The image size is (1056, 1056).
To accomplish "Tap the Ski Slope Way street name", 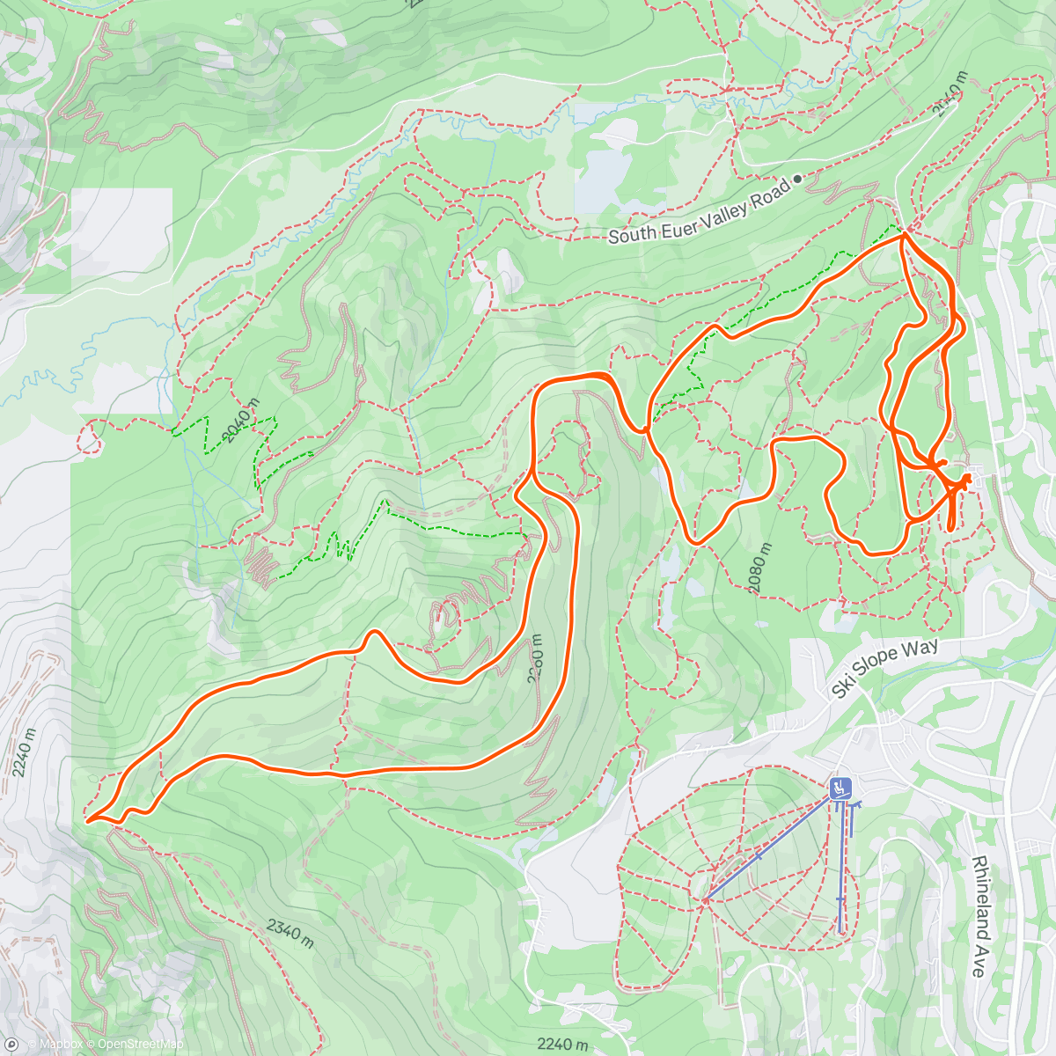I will coord(884,670).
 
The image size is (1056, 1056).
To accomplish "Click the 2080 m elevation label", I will coord(758,568).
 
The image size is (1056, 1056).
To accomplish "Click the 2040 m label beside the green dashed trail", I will coord(242,420).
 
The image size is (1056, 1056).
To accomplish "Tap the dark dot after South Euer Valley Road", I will coord(797,179).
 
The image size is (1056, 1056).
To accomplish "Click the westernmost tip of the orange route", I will coord(87,820).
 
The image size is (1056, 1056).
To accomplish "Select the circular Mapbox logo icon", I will coord(11,1045).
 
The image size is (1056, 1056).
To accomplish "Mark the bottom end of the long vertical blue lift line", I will coord(841,930).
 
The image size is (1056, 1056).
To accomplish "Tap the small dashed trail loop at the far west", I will coord(89,437).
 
